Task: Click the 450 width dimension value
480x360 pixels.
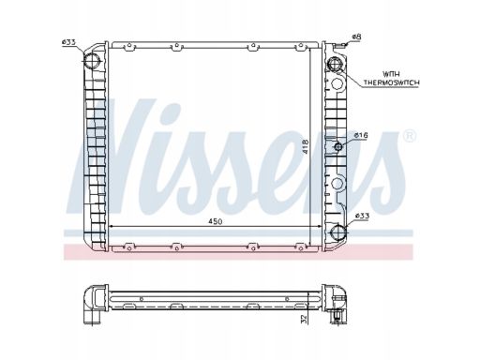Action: pyautogui.click(x=216, y=221)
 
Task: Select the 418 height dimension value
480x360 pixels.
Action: pyautogui.click(x=305, y=146)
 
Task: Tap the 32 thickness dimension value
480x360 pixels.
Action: pyautogui.click(x=304, y=319)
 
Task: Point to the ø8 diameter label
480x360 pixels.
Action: pyautogui.click(x=356, y=37)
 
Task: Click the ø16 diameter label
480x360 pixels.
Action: pyautogui.click(x=361, y=135)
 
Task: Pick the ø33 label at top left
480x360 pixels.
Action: pyautogui.click(x=68, y=42)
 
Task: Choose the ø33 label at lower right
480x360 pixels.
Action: pyautogui.click(x=363, y=216)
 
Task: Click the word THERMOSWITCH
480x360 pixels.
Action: pyautogui.click(x=391, y=82)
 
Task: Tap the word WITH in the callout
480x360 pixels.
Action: pyautogui.click(x=391, y=74)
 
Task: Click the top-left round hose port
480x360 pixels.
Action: pyautogui.click(x=91, y=61)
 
